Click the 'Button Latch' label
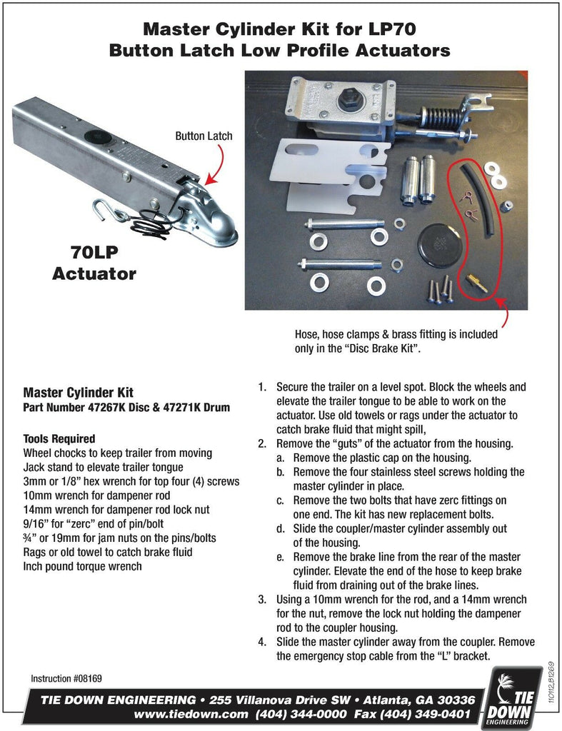click(x=204, y=135)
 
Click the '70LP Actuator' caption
click(x=94, y=263)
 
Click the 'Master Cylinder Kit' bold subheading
click(x=79, y=393)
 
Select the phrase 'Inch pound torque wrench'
click(x=82, y=567)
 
